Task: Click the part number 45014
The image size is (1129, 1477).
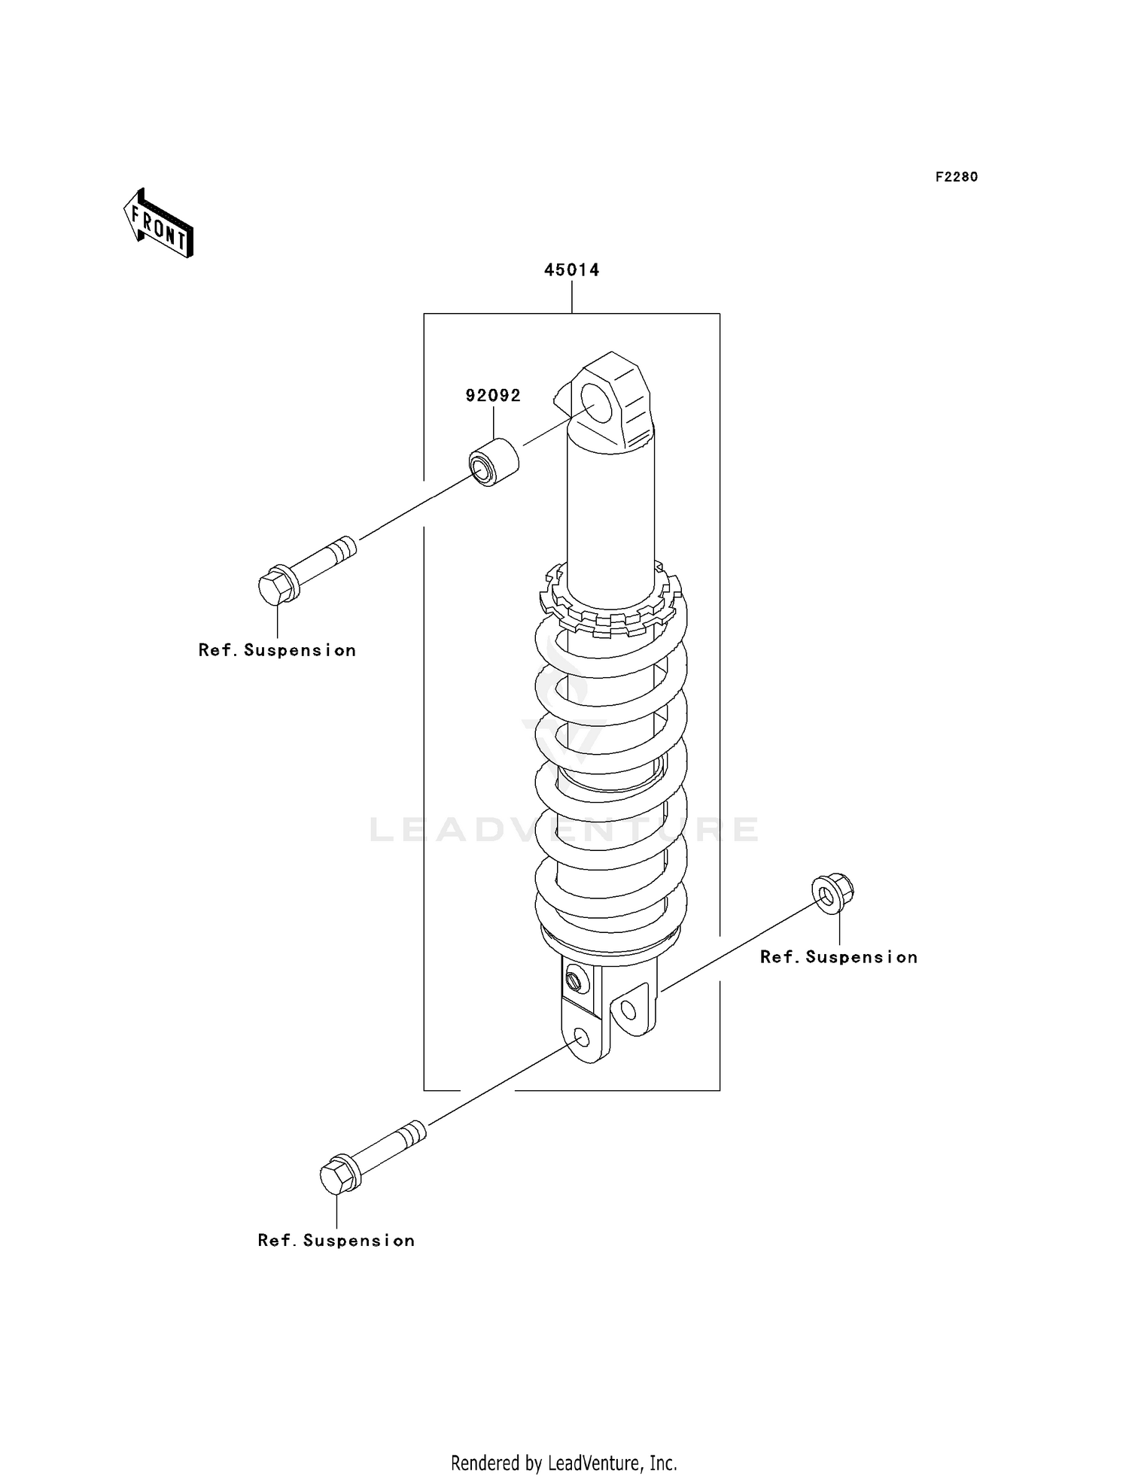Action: point(572,269)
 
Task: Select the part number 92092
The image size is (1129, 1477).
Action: point(493,395)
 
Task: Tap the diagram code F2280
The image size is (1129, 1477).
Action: point(957,177)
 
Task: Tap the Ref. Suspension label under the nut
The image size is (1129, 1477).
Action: point(838,957)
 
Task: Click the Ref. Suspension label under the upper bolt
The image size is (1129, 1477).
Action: point(277,650)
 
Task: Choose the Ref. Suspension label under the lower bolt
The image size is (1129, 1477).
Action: point(336,1241)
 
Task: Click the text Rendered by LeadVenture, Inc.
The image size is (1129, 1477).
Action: point(564,1463)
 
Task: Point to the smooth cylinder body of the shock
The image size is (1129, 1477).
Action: point(611,519)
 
